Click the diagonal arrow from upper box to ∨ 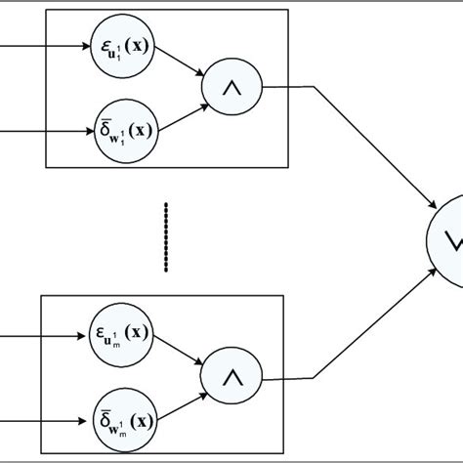click(x=371, y=147)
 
